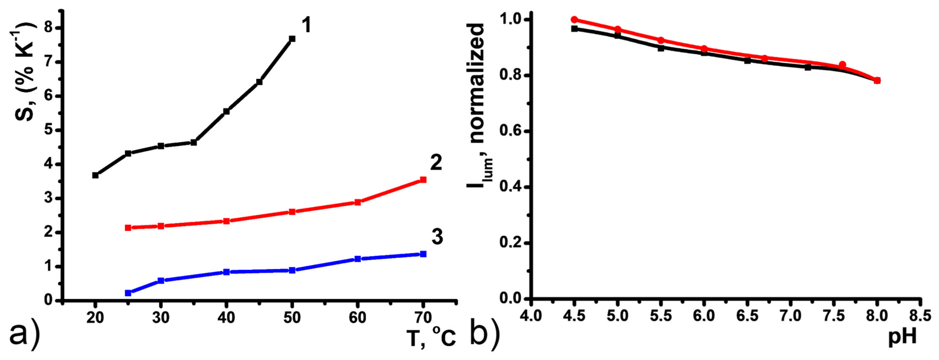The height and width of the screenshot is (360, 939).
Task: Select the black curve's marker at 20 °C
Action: click(95, 175)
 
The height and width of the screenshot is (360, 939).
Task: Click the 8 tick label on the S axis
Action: click(48, 28)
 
